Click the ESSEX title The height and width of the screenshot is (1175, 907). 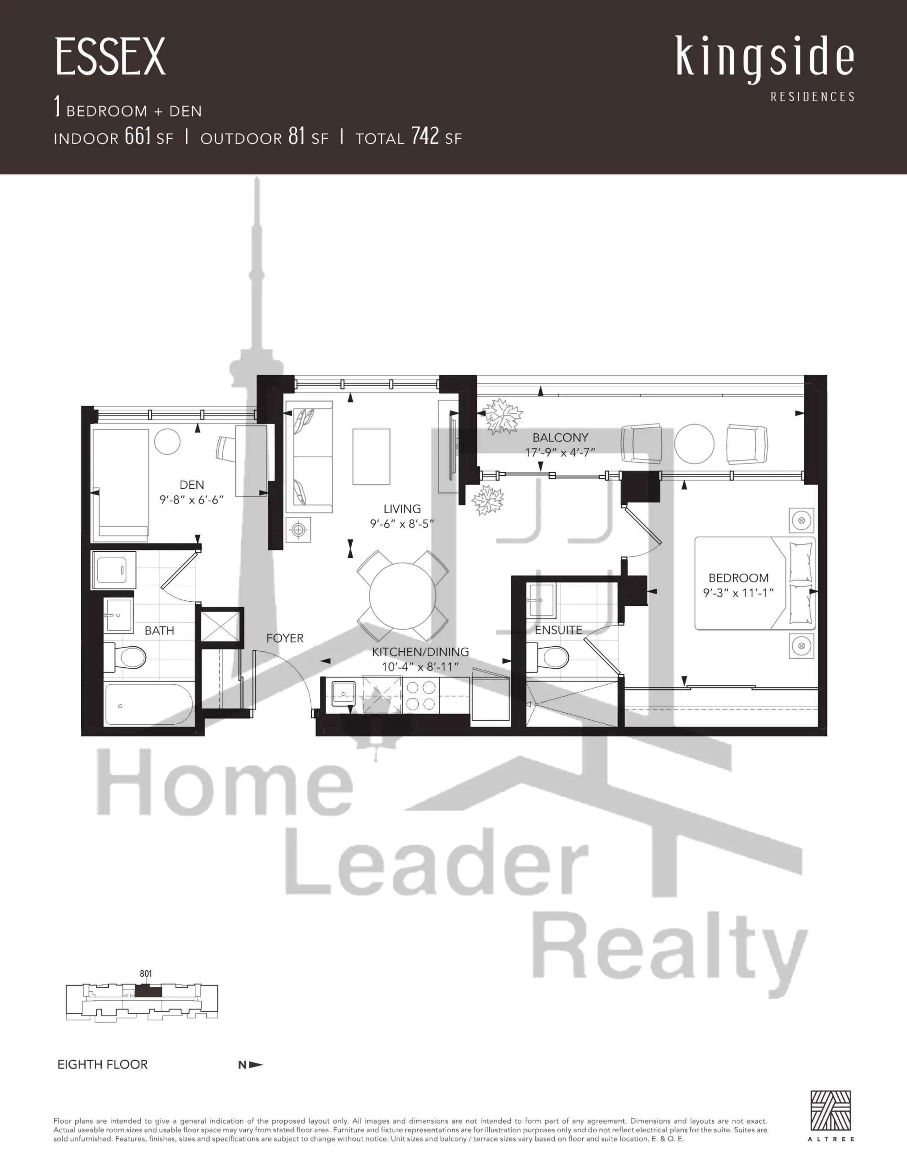click(110, 57)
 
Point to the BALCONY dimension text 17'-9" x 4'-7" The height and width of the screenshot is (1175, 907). click(560, 453)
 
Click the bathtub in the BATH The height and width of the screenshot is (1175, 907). click(149, 704)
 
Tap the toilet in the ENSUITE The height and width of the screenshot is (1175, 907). click(548, 657)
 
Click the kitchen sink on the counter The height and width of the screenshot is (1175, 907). click(343, 694)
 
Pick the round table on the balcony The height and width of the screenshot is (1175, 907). click(694, 444)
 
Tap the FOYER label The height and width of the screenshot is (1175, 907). click(285, 638)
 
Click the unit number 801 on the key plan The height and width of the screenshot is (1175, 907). click(146, 974)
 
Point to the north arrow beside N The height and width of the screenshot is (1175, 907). click(256, 1064)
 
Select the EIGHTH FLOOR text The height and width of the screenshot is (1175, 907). click(102, 1064)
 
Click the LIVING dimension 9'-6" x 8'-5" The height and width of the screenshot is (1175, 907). click(402, 524)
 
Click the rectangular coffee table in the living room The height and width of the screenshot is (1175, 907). click(371, 457)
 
